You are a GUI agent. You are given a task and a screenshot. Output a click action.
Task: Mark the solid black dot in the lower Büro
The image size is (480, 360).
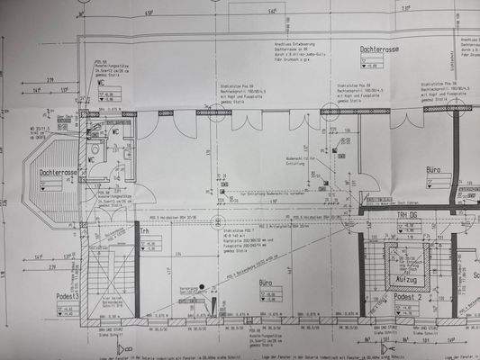[203, 289]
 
